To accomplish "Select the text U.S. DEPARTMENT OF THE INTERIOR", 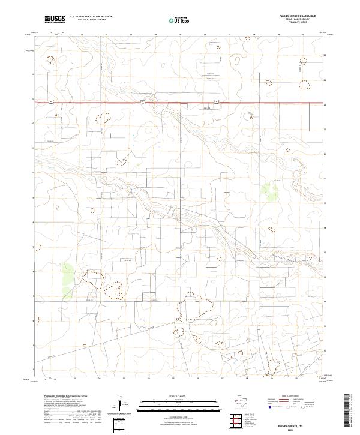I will [91, 17].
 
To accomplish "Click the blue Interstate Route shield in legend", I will [271, 407].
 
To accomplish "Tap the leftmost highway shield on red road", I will [52, 102].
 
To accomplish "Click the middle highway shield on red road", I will [142, 102].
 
